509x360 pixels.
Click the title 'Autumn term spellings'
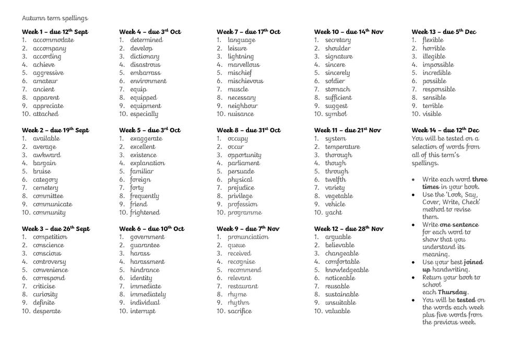point(55,18)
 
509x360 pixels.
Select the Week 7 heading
point(248,32)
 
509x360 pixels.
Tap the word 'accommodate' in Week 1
point(53,40)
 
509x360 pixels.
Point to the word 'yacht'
point(334,213)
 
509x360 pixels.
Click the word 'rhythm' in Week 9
point(239,303)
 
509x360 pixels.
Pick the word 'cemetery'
point(45,188)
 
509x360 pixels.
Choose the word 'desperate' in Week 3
point(47,311)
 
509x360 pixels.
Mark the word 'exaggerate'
point(146,139)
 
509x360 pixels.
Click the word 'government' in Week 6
point(147,237)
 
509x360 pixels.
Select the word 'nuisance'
point(241,114)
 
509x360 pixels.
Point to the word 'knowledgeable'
point(347,270)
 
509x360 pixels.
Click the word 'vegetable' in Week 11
point(339,196)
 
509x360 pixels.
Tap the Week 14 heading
point(445,130)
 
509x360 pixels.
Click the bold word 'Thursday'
point(453,292)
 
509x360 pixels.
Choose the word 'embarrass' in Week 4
point(145,73)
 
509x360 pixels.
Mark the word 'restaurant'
point(243,286)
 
